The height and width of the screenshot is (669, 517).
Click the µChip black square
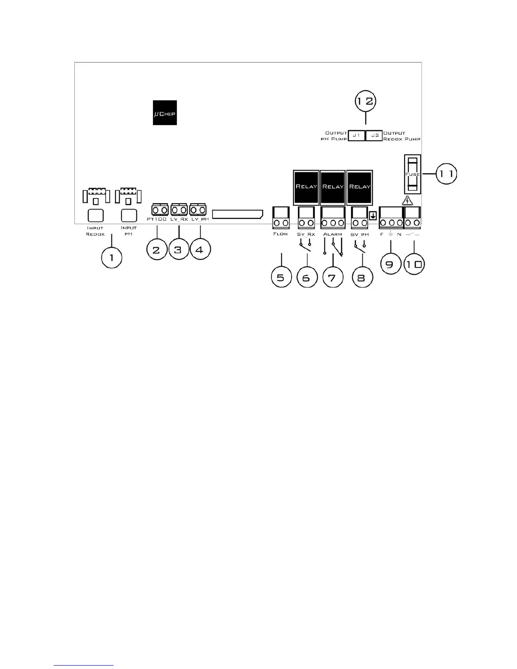(x=165, y=113)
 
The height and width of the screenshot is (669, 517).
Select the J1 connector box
(x=356, y=136)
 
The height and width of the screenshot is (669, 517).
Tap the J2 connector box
(x=374, y=136)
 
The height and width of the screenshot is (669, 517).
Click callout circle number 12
(x=365, y=101)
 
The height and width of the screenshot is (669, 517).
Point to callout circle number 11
(x=446, y=174)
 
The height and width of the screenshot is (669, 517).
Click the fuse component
(x=412, y=174)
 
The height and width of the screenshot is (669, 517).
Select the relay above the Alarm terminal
(x=333, y=187)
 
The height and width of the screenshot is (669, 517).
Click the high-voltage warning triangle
(x=407, y=201)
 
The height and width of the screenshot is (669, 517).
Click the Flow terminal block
(x=281, y=218)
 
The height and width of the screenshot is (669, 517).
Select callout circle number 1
(x=112, y=257)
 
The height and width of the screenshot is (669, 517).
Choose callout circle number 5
(x=281, y=278)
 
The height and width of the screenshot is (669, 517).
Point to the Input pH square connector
(x=129, y=216)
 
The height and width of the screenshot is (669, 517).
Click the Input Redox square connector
(x=95, y=216)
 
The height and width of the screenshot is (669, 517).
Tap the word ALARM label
(x=332, y=234)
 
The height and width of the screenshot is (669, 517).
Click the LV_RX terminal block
(x=179, y=209)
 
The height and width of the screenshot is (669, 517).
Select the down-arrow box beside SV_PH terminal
(x=373, y=216)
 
